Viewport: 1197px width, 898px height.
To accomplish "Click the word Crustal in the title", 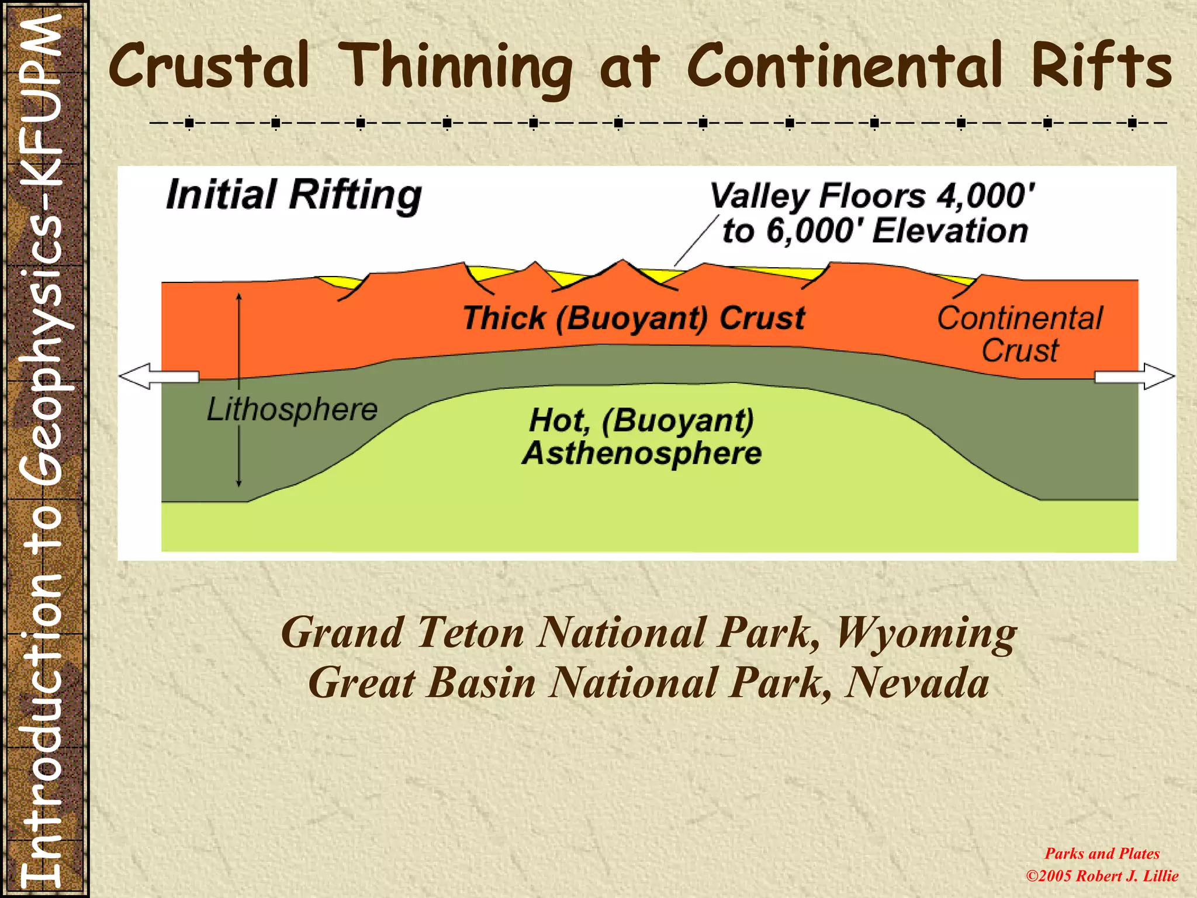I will (x=209, y=65).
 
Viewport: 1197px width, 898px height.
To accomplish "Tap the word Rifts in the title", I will (x=1101, y=65).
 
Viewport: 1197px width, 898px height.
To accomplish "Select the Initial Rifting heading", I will (x=293, y=195).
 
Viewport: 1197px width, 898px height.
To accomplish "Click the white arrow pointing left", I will (x=158, y=376).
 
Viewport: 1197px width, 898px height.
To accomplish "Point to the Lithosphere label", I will (x=292, y=409).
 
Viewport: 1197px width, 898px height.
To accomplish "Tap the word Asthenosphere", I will (x=642, y=454).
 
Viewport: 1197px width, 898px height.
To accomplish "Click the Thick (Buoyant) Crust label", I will (x=634, y=319).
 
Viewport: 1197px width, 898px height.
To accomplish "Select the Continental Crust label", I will (x=1020, y=334).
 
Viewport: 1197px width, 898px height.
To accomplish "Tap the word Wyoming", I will (x=926, y=633).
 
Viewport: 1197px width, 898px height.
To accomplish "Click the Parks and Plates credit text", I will (x=1102, y=854).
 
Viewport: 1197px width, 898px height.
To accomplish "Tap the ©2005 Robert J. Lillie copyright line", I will (x=1102, y=876).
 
